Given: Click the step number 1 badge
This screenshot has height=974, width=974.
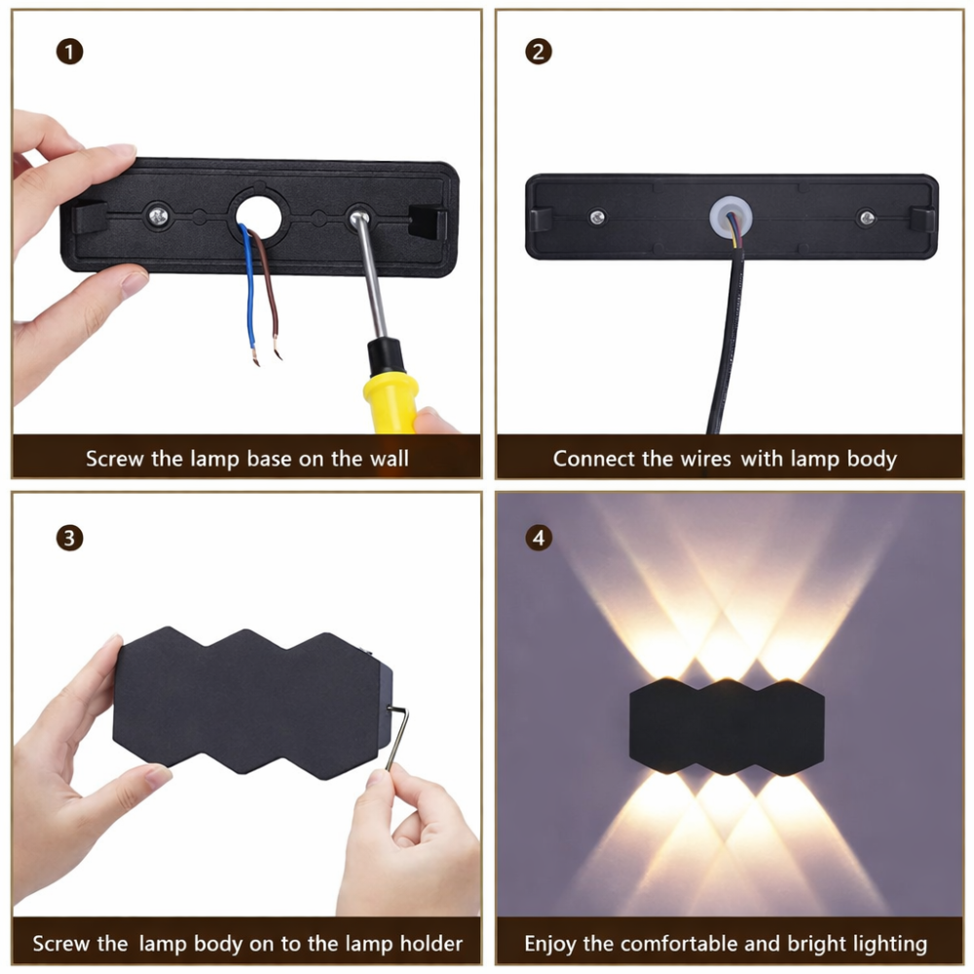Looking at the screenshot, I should [x=69, y=52].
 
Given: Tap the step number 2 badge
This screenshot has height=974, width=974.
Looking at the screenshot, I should [x=539, y=52].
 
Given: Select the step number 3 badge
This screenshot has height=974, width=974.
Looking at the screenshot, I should [x=69, y=538].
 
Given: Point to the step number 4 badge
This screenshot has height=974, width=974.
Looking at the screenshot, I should [x=539, y=538].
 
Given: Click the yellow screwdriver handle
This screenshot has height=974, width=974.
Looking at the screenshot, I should [x=390, y=385].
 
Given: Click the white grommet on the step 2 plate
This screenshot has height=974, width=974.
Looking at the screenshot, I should [x=730, y=215].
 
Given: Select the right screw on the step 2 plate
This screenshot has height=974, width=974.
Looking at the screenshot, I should [x=866, y=218].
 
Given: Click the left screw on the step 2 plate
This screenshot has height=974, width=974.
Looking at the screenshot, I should [x=595, y=216].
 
